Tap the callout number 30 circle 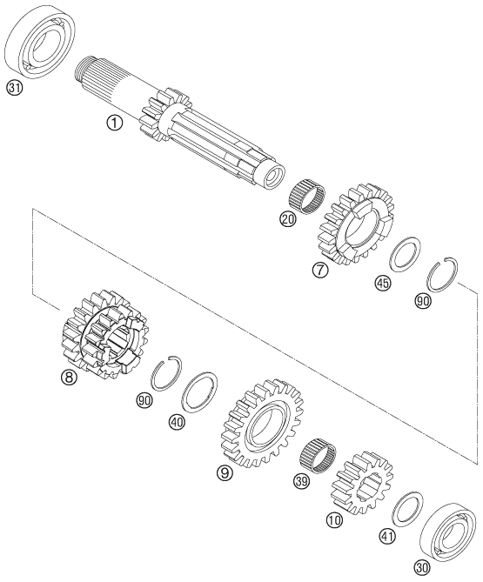coord(423,566)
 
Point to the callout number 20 coord(288,220)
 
